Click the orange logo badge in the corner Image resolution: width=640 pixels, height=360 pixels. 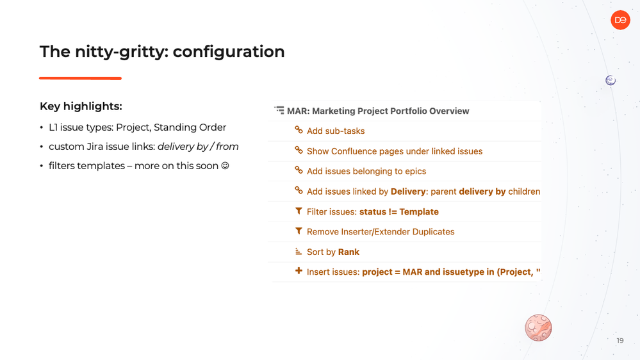point(620,20)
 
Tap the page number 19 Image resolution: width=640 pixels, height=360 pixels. point(620,340)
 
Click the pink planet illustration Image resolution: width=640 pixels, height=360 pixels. point(538,328)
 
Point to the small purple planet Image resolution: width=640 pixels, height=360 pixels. point(611,81)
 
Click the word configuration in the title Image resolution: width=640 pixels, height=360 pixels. point(229,52)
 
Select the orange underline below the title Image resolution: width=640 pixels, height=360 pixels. point(81,78)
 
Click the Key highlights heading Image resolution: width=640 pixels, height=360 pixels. point(81,106)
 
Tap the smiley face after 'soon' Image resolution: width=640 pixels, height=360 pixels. point(225,166)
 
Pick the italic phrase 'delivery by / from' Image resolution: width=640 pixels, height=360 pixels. point(198,147)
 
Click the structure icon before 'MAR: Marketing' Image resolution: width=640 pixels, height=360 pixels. point(279,110)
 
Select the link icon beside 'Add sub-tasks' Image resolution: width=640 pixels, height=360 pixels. point(299,130)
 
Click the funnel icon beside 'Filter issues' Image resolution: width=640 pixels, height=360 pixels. point(299,211)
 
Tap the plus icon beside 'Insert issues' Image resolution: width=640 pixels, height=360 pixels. point(299,270)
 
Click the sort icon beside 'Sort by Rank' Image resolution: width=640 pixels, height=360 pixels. point(299,252)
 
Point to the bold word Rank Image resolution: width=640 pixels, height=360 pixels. point(349,252)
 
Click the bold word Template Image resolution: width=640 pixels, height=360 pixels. point(419,212)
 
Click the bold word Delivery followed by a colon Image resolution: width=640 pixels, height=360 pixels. point(408,192)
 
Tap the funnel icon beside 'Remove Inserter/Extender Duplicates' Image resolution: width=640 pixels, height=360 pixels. point(299,231)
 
